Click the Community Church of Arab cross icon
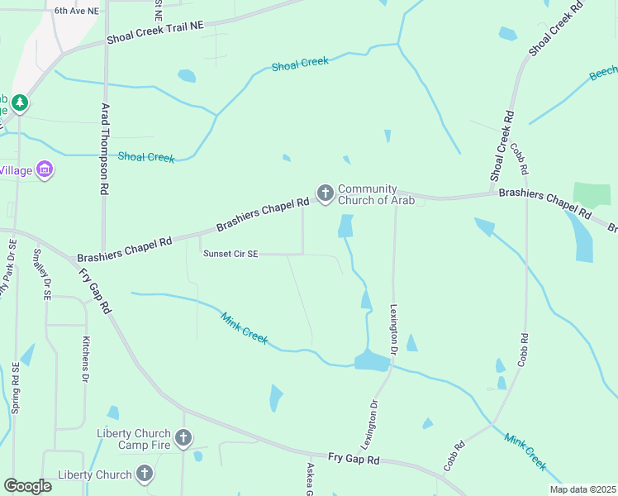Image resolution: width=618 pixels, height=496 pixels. tap(325, 193)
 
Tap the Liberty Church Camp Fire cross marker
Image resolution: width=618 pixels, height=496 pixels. tap(183, 437)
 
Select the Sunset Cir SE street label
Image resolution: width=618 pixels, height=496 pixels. tap(231, 255)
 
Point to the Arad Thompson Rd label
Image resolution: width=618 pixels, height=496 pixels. tap(105, 148)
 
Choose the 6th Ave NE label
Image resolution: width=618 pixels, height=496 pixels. tap(76, 11)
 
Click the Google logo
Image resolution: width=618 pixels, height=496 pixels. tap(27, 486)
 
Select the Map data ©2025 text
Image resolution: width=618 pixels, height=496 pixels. tap(582, 489)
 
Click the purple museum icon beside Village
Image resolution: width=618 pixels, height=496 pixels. tap(45, 170)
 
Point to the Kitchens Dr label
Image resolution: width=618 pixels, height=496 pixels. tap(85, 359)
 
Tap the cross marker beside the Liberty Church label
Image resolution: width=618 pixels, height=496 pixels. tap(145, 474)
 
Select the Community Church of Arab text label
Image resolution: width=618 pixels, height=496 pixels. tap(368, 194)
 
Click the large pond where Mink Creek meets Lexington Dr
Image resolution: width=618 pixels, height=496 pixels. tap(372, 361)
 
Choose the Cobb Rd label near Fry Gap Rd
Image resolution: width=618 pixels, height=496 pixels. tap(454, 456)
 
